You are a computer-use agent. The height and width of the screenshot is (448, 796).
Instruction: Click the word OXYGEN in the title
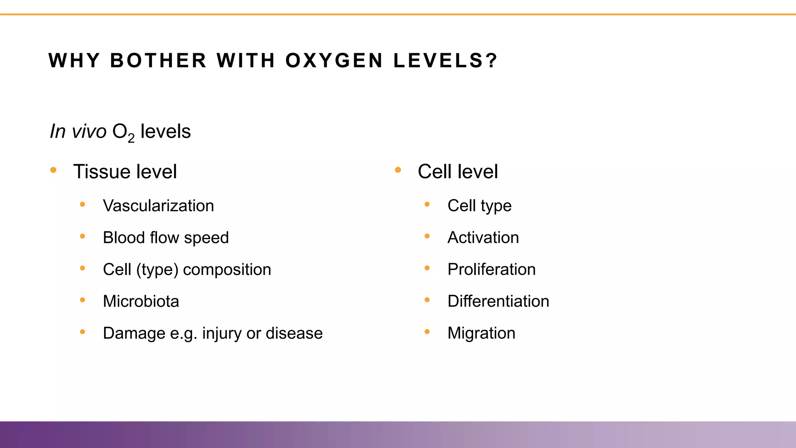point(334,61)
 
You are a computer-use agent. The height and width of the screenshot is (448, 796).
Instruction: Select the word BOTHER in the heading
point(158,61)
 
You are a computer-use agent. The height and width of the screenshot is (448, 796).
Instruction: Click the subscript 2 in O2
point(131,138)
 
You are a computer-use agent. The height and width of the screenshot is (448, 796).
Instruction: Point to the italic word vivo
point(89,131)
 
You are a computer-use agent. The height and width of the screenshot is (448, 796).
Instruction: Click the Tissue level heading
point(125,171)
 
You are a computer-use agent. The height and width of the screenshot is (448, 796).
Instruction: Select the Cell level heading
point(457,171)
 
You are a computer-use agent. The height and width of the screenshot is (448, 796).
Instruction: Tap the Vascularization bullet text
point(158,206)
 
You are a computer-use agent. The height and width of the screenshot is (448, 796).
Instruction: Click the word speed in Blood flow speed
point(206,238)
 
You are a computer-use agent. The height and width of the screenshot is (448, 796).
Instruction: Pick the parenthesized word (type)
point(157,269)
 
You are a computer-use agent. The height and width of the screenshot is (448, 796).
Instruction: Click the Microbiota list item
point(141,301)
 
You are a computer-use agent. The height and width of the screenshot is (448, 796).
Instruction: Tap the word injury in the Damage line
point(222,333)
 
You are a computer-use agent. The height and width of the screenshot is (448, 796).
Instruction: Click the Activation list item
point(483,238)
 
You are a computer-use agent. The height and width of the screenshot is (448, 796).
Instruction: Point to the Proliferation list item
point(491,269)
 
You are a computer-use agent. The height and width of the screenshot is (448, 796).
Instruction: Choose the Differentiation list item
point(498,301)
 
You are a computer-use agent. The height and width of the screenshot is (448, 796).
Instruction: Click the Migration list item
point(481,333)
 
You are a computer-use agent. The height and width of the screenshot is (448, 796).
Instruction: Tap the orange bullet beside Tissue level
point(54,170)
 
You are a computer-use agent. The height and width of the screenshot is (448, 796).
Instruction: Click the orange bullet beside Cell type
point(427,204)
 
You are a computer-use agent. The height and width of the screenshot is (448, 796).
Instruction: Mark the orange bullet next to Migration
point(427,332)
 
